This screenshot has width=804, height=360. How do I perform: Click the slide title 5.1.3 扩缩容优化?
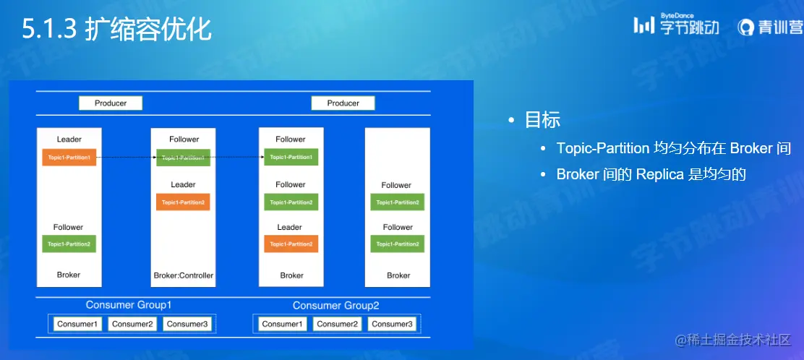point(116,30)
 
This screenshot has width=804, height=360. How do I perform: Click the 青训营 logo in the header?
point(770,27)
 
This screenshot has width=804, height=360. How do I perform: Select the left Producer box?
point(111,103)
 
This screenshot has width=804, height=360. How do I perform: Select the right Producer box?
point(343,103)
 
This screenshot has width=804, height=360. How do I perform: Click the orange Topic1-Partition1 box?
point(69,158)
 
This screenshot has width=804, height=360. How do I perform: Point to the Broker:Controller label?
point(184,275)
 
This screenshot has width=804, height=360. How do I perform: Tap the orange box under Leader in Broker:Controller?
point(183,202)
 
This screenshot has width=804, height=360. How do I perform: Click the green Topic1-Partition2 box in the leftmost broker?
point(69,244)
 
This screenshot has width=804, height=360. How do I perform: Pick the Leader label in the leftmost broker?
point(69,139)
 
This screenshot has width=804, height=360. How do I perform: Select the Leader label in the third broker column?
point(290,227)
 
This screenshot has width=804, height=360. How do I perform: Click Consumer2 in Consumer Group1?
point(132,324)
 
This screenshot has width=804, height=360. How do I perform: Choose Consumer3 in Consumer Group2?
point(392,324)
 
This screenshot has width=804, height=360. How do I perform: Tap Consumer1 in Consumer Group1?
point(77,324)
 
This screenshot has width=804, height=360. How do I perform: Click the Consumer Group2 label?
point(335,306)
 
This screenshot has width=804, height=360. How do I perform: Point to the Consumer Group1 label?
point(129,305)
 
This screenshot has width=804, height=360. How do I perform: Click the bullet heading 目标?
point(542,120)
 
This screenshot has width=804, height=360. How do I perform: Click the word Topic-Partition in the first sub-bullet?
point(602,148)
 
